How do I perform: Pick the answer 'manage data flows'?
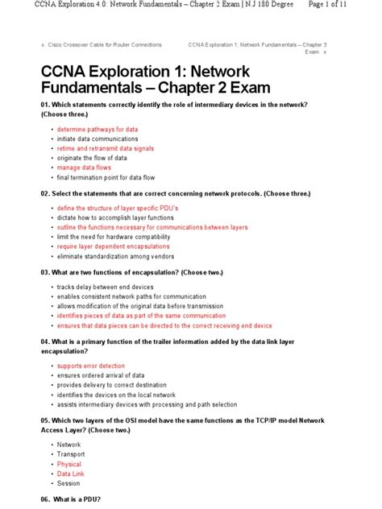tap(84, 168)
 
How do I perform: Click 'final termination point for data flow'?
tap(106, 177)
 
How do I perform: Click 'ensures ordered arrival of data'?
tap(101, 375)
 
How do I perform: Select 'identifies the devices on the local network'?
tap(116, 395)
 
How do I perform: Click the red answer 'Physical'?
tap(69, 464)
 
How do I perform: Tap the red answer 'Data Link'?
tap(71, 474)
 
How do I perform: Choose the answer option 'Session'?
tap(69, 483)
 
